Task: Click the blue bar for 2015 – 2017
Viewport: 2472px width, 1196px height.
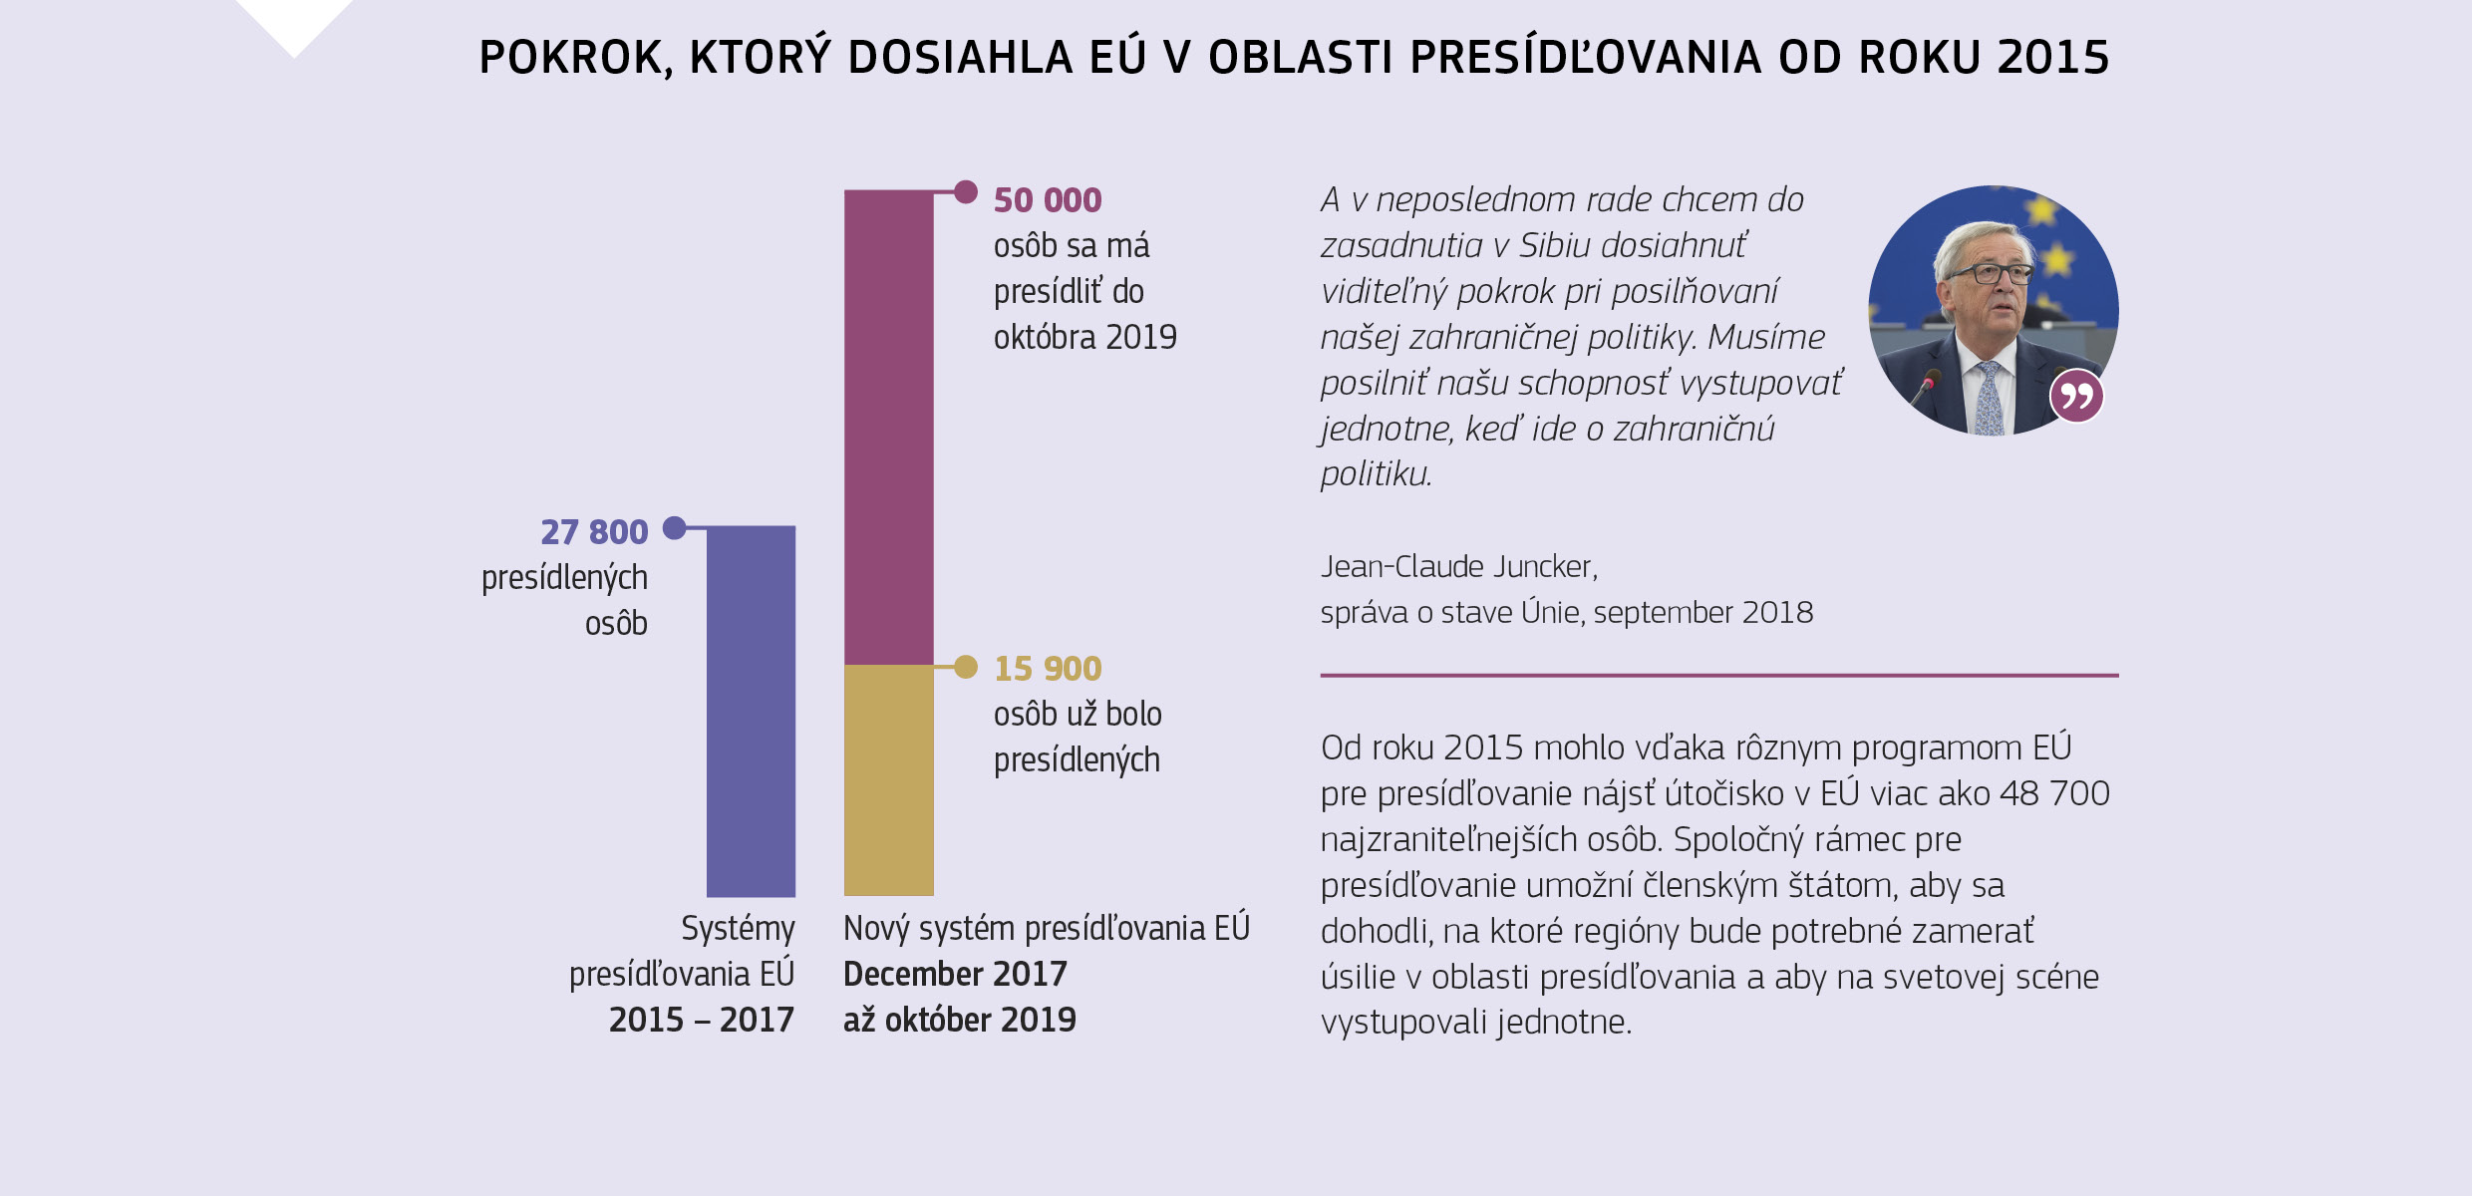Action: [x=751, y=711]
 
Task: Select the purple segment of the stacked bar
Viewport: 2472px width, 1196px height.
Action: [x=888, y=427]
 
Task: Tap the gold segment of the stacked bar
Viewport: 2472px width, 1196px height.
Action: [x=888, y=780]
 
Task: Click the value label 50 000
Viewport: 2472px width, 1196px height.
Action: [x=1047, y=200]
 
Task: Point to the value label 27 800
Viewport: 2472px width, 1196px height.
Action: [x=594, y=532]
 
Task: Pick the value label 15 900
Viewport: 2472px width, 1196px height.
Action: [x=1047, y=669]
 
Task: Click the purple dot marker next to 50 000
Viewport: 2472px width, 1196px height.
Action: [x=965, y=191]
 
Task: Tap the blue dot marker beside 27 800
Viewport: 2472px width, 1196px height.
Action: [x=675, y=527]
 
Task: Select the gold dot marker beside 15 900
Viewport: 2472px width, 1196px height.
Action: [x=965, y=667]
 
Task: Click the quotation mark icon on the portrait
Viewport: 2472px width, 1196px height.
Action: [x=2076, y=397]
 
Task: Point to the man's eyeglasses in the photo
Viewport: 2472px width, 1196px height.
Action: [x=1991, y=273]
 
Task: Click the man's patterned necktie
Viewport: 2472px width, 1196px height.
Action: [x=1989, y=398]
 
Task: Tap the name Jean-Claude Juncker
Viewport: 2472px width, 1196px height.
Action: [x=1457, y=567]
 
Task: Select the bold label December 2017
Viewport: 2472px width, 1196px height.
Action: [x=955, y=974]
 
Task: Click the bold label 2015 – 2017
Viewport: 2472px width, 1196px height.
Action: [x=701, y=1020]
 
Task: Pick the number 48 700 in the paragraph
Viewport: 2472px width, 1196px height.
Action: [x=2054, y=793]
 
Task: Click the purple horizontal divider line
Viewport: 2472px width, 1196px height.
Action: [x=1718, y=675]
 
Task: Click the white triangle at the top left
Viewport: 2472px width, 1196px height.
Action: [x=294, y=20]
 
